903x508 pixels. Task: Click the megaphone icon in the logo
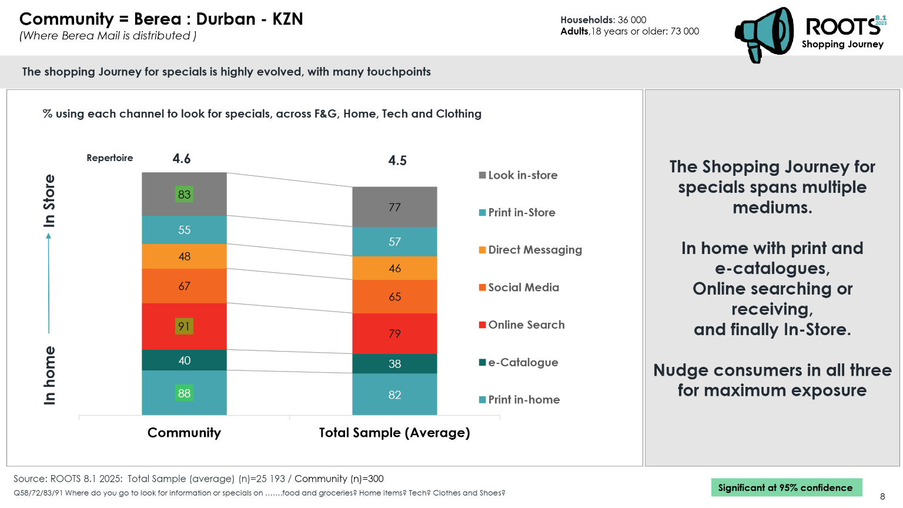click(764, 34)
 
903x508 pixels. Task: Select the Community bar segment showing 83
click(184, 194)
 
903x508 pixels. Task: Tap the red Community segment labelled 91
click(184, 326)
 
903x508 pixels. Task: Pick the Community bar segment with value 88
click(184, 393)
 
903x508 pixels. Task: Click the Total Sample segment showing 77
click(394, 207)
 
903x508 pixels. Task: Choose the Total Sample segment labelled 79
click(394, 333)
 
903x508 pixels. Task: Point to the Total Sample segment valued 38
click(394, 364)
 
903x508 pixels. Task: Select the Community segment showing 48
click(184, 256)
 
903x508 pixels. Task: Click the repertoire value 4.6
click(182, 159)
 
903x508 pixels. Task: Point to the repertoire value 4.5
click(397, 161)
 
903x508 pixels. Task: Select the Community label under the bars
click(184, 433)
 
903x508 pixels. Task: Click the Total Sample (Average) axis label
click(394, 433)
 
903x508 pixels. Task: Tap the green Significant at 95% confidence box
click(785, 487)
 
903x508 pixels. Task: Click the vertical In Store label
click(49, 200)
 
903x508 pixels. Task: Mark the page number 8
click(882, 496)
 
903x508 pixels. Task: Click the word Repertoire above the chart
click(110, 158)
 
